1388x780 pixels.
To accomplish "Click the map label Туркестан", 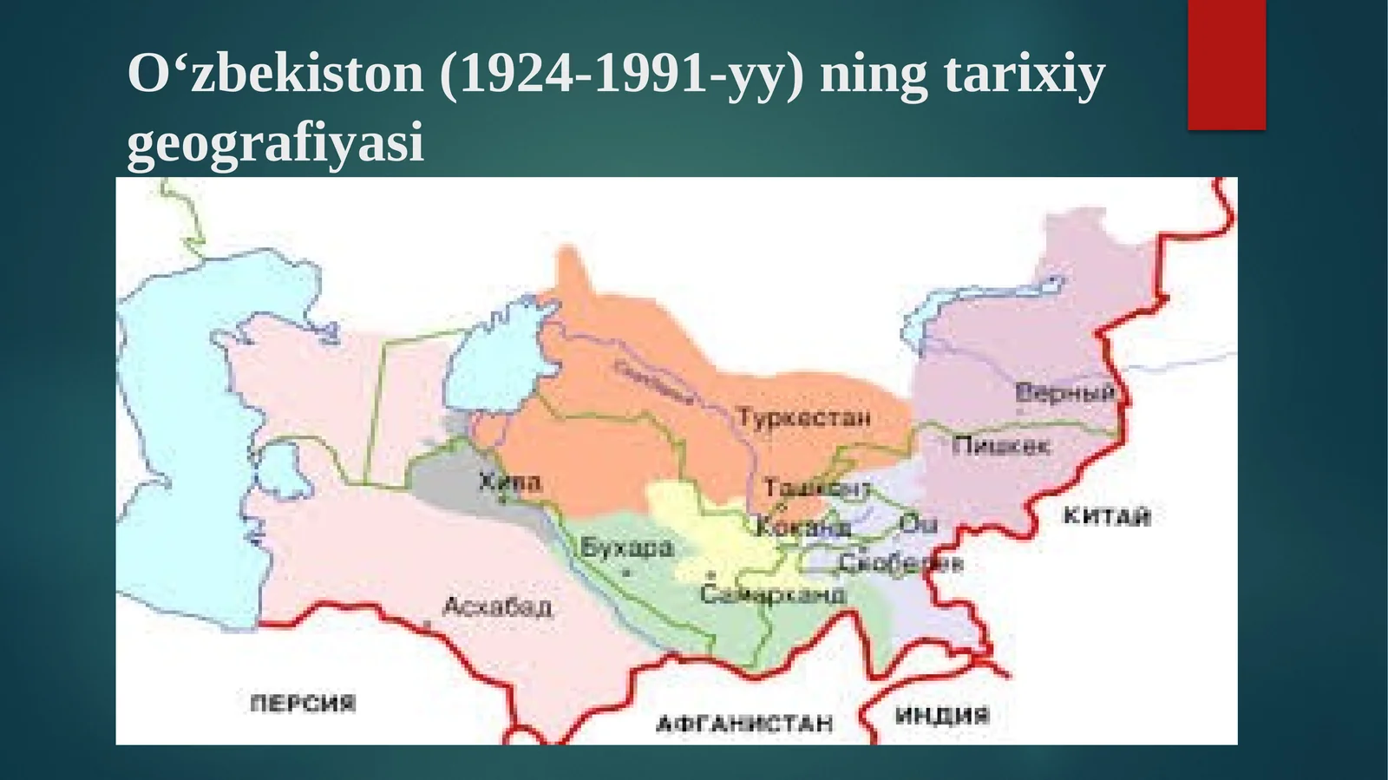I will tap(803, 418).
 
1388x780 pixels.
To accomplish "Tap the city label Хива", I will tap(510, 482).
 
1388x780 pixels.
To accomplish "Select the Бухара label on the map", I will tap(626, 547).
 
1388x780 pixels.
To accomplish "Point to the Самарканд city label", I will tap(772, 594).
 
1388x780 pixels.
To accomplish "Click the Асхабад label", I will tap(497, 606).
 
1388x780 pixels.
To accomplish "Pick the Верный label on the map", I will tap(1064, 392).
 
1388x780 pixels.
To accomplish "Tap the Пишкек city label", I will tap(1000, 446).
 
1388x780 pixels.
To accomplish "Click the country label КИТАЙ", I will tap(1107, 516).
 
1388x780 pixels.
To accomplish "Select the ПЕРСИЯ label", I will tap(303, 703).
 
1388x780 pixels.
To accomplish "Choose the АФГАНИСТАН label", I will tap(744, 723).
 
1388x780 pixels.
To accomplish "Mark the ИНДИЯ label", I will tap(942, 716).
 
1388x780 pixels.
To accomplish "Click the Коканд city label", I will tap(803, 527).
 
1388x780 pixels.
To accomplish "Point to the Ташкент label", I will tap(815, 488).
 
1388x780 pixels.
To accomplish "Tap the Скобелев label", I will tap(900, 563).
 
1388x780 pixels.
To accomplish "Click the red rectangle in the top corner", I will tap(1226, 64).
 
